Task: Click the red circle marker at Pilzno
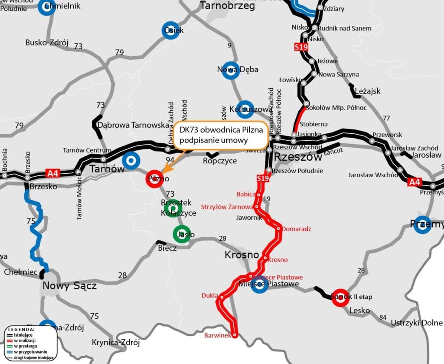(154, 179)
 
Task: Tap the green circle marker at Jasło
(182, 235)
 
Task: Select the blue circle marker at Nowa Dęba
(231, 70)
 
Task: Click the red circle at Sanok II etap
(340, 298)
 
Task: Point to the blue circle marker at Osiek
(171, 30)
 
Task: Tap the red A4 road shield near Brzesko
(52, 174)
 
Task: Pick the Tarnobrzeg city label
(227, 6)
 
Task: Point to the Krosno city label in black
(242, 255)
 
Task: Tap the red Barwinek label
(218, 336)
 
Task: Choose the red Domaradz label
(297, 228)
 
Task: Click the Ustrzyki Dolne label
(417, 323)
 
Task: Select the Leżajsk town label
(367, 91)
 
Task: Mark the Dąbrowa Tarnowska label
(133, 125)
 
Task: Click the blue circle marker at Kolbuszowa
(245, 109)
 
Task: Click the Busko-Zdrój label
(47, 43)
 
